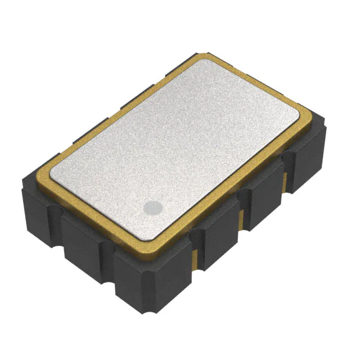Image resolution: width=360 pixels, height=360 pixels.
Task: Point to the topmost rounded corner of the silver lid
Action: click(x=196, y=61)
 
